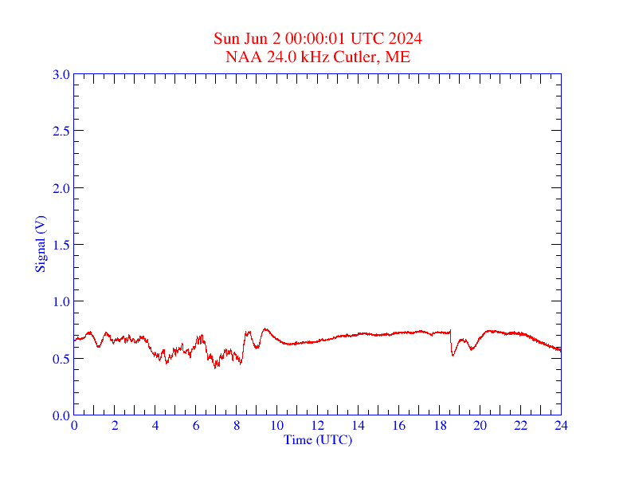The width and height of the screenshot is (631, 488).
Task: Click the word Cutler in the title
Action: (x=359, y=57)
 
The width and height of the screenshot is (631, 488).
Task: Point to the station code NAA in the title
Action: (x=240, y=57)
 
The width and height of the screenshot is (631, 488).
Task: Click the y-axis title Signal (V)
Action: (x=40, y=245)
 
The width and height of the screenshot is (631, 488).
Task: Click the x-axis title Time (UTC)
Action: (x=318, y=439)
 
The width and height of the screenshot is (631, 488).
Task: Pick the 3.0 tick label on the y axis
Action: (x=61, y=74)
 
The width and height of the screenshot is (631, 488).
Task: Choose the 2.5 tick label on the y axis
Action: (x=61, y=131)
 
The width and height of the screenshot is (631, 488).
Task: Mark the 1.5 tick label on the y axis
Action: (x=61, y=245)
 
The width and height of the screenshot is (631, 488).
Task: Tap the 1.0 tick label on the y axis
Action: (x=61, y=301)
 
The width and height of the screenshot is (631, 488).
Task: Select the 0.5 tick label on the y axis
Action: (x=61, y=359)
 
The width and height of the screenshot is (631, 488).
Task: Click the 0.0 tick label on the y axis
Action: (x=61, y=415)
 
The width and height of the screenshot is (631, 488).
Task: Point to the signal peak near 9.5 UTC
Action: (x=266, y=329)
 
